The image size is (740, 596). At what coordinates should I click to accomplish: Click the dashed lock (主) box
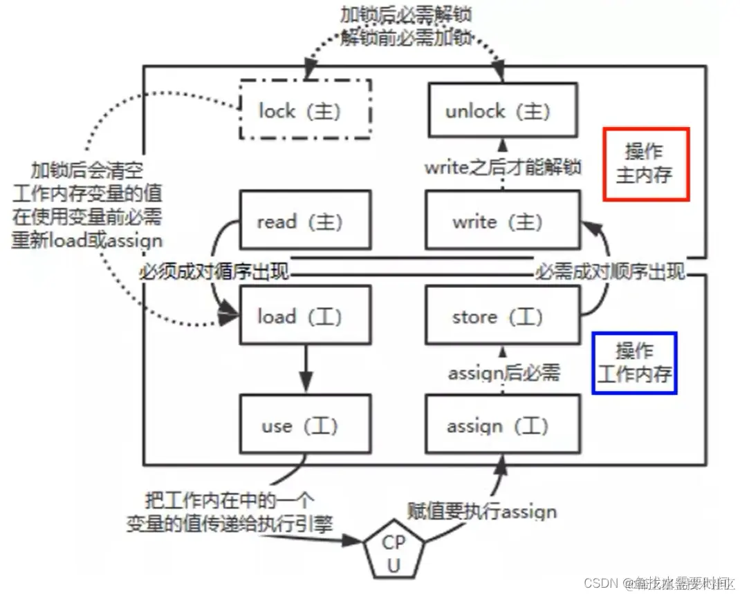click(305, 110)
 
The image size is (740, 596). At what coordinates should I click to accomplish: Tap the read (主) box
click(305, 221)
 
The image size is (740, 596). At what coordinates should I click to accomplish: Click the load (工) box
click(305, 316)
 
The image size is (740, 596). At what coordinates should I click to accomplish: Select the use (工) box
click(305, 425)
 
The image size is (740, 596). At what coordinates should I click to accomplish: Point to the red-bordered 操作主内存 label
click(646, 164)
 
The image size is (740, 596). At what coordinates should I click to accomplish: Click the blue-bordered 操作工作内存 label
click(634, 363)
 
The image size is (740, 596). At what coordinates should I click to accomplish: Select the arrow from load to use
click(305, 369)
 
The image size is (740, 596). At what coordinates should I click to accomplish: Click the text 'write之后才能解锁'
click(503, 167)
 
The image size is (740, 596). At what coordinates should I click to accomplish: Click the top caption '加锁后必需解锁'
click(406, 14)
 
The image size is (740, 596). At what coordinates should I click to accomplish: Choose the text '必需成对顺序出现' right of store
click(611, 271)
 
